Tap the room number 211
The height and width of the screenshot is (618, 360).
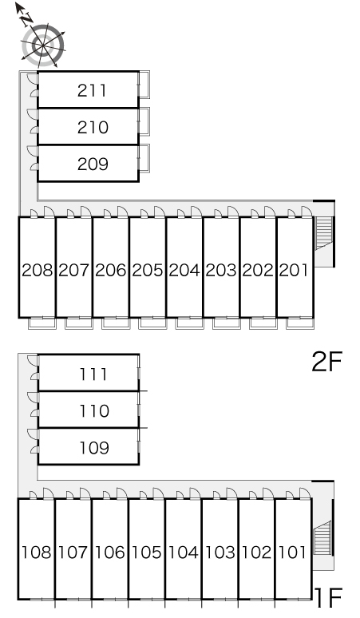pyautogui.click(x=92, y=91)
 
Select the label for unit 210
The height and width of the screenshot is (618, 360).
pyautogui.click(x=93, y=127)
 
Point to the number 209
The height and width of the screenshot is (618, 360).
pyautogui.click(x=93, y=164)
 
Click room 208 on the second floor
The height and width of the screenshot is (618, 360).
pyautogui.click(x=37, y=271)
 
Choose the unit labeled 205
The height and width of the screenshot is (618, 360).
pyautogui.click(x=148, y=271)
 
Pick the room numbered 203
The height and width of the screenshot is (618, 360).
pyautogui.click(x=221, y=271)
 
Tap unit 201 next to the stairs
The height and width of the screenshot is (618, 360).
pyautogui.click(x=294, y=271)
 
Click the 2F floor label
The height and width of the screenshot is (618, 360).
pyautogui.click(x=326, y=362)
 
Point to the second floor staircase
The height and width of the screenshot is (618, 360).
pyautogui.click(x=325, y=233)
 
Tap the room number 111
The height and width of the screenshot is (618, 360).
pyautogui.click(x=93, y=374)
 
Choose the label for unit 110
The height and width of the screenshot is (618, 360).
pyautogui.click(x=94, y=411)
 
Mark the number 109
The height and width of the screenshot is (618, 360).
pyautogui.click(x=94, y=448)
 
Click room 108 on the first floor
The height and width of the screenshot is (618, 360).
pyautogui.click(x=36, y=553)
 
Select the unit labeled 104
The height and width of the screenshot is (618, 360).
pyautogui.click(x=183, y=553)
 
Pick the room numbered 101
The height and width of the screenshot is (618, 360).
pyautogui.click(x=292, y=553)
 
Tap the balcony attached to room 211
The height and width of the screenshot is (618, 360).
pyautogui.click(x=144, y=85)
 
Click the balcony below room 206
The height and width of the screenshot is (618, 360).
pyautogui.click(x=116, y=323)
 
